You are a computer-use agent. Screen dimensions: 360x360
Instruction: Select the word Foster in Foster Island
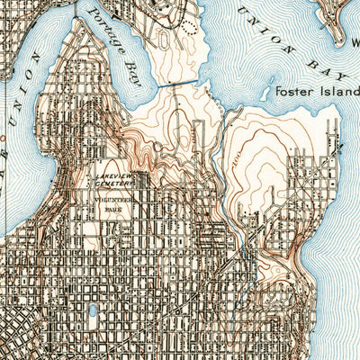[293, 90]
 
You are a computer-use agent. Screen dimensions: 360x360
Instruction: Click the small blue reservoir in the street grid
[93, 312]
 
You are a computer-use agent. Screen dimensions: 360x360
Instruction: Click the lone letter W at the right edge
[355, 41]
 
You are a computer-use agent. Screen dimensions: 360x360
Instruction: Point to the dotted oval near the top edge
[188, 24]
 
